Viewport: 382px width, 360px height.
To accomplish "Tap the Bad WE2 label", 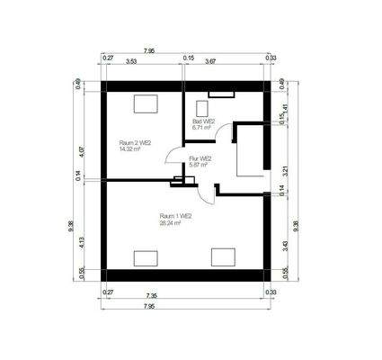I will (203, 121).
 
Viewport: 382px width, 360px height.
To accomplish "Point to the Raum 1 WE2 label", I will (175, 216).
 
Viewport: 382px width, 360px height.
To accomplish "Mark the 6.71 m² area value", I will (201, 128).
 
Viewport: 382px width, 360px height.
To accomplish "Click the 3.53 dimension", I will (131, 61).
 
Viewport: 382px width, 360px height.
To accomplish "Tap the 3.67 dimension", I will (209, 61).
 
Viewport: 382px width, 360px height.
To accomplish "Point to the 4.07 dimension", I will (82, 140).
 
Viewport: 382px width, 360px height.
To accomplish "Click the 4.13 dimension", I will (82, 241).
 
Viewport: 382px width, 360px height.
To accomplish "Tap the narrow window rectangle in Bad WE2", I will (219, 94).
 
